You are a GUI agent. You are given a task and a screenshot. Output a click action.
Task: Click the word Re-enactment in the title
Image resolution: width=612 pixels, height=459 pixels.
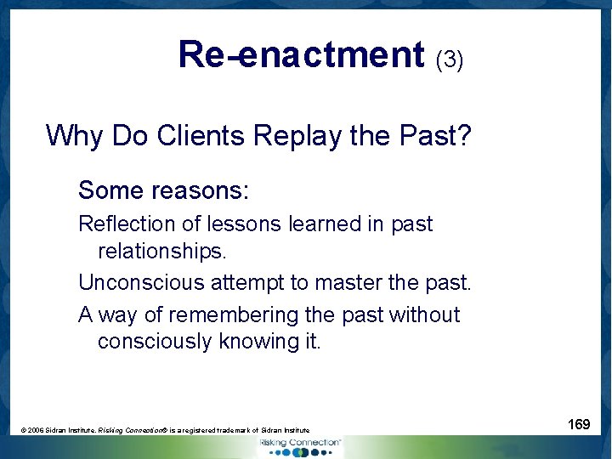[x=300, y=54]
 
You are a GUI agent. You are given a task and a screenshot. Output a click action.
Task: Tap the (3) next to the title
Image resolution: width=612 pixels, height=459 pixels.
[x=449, y=59]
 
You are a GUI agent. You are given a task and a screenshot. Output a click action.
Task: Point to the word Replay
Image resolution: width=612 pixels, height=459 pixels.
[x=309, y=135]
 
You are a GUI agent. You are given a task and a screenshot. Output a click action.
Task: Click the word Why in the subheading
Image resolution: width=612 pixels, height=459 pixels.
[x=77, y=135]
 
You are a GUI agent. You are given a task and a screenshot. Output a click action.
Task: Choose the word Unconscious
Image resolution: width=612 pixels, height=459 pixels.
[x=135, y=281]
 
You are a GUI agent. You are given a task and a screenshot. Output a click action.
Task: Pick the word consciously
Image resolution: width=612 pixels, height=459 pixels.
[x=155, y=342]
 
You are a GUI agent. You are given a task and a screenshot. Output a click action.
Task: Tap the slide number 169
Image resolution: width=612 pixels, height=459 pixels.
[x=578, y=424]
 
